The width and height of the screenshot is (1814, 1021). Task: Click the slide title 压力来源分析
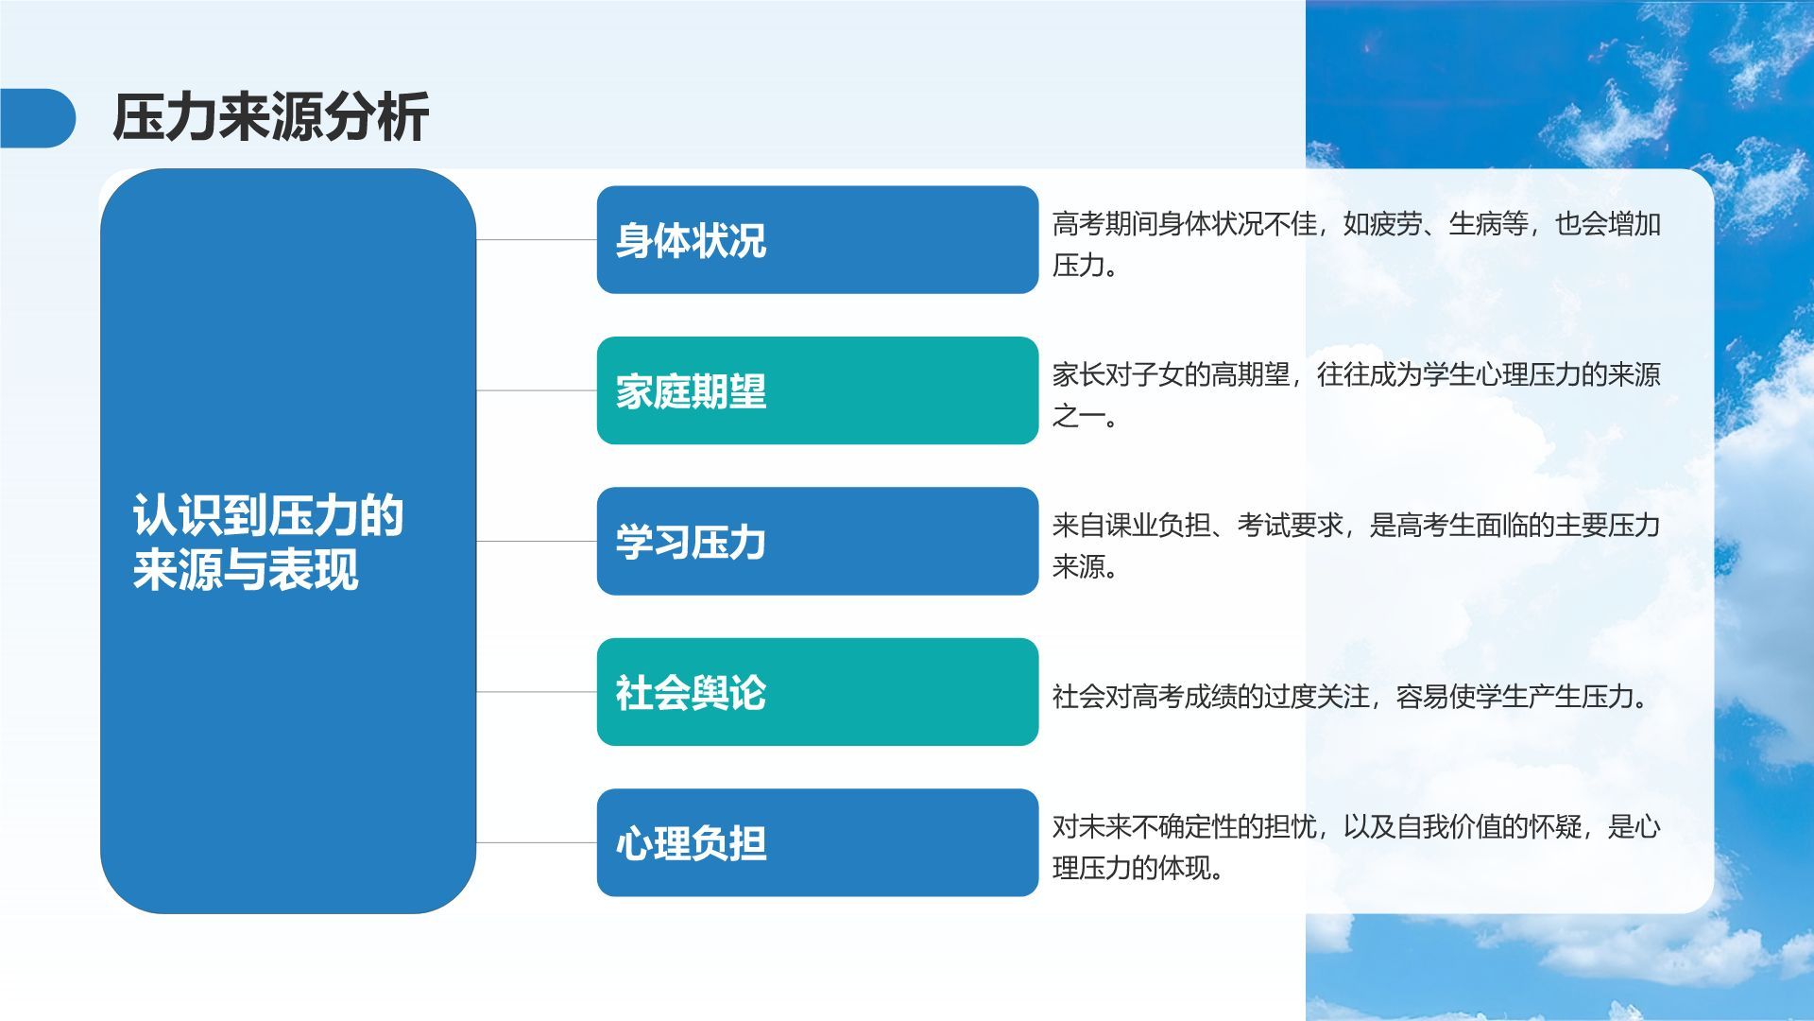point(271,118)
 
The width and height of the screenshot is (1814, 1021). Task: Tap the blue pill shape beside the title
point(38,118)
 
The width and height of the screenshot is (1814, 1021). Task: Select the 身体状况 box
point(817,240)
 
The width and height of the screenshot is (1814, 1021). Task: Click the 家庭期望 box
point(817,390)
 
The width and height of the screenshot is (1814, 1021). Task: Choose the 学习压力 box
point(817,542)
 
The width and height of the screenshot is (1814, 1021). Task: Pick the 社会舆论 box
point(817,692)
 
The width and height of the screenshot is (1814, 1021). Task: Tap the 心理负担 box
point(817,843)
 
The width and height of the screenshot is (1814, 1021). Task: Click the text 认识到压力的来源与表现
point(268,543)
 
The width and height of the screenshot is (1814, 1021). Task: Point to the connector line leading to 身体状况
point(537,240)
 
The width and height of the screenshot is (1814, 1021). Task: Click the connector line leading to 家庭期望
point(537,390)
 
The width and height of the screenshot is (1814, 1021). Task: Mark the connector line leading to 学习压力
point(537,542)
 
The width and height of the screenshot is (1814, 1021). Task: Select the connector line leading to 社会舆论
point(537,692)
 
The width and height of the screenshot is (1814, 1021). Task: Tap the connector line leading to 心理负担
point(537,843)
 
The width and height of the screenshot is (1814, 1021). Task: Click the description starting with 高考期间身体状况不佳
point(1357,245)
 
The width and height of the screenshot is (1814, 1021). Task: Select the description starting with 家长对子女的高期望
point(1357,395)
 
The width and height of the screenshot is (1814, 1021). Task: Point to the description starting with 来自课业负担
point(1357,546)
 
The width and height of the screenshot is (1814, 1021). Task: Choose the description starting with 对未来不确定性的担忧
point(1357,848)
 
